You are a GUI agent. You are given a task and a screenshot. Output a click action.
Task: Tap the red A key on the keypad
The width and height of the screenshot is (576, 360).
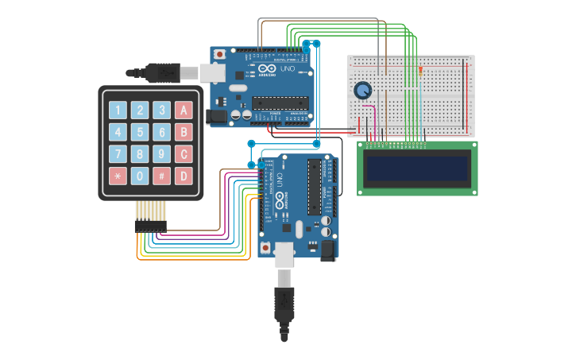pyautogui.click(x=184, y=110)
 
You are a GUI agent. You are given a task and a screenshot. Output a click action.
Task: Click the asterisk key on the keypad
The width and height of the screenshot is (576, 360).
pyautogui.click(x=118, y=176)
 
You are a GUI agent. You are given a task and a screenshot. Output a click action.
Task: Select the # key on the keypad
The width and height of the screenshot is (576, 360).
pyautogui.click(x=161, y=176)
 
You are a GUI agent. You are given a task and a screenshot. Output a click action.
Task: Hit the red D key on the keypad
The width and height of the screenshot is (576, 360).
pyautogui.click(x=184, y=176)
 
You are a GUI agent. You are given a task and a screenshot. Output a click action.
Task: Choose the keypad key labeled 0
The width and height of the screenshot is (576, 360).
pyautogui.click(x=140, y=176)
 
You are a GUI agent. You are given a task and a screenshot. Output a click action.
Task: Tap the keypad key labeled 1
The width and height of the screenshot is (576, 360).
pyautogui.click(x=118, y=110)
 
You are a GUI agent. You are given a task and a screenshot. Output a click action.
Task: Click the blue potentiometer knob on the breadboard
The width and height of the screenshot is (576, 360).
pyautogui.click(x=363, y=91)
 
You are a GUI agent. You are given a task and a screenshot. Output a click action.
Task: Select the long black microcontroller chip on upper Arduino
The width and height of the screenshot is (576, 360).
pyautogui.click(x=280, y=102)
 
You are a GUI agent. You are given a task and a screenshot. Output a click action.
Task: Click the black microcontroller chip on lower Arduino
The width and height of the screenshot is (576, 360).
pyautogui.click(x=315, y=186)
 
